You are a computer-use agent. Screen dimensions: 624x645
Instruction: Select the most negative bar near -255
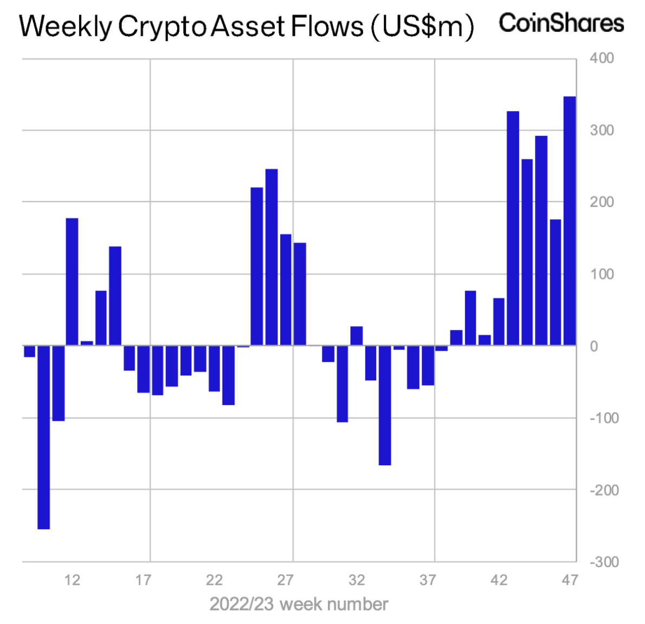tap(43, 437)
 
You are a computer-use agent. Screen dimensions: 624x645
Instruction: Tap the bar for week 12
tap(72, 282)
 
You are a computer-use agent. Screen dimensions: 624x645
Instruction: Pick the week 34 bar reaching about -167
tap(385, 405)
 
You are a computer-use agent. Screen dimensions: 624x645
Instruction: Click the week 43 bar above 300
tap(513, 228)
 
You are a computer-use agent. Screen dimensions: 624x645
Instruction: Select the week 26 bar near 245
tap(272, 257)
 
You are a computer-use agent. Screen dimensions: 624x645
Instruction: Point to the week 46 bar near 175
tap(555, 282)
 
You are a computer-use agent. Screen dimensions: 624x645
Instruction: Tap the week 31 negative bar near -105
tap(342, 383)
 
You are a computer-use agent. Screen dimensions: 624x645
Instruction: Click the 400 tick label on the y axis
tap(602, 58)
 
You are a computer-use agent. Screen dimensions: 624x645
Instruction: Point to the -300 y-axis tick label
tap(604, 562)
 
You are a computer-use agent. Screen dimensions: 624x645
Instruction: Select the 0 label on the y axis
tap(594, 346)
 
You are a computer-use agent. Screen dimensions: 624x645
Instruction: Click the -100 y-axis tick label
tap(604, 418)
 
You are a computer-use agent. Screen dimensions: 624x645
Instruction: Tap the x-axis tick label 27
tap(285, 580)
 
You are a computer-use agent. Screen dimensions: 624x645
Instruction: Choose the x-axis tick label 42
tap(499, 580)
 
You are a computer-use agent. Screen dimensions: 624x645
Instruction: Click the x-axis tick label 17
tap(143, 580)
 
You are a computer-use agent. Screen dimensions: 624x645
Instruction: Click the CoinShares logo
tap(561, 23)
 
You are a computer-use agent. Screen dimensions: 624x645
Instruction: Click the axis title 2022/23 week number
tap(299, 604)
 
